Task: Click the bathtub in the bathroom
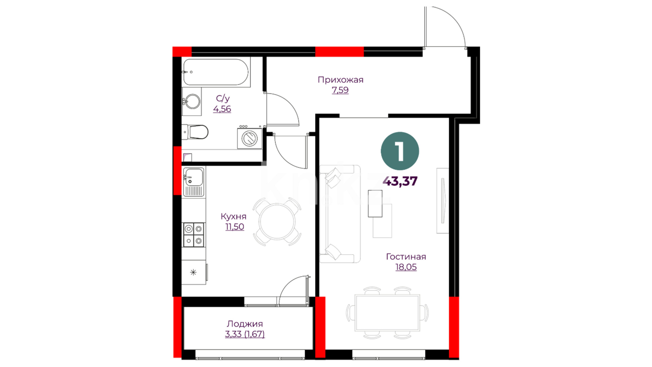click(216, 72)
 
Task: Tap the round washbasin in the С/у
click(193, 101)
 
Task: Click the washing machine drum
click(250, 138)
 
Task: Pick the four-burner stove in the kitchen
click(194, 235)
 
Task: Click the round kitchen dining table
click(277, 222)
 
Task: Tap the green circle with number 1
click(400, 151)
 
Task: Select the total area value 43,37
click(400, 181)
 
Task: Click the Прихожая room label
click(341, 80)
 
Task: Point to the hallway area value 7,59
click(340, 90)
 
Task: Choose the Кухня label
click(234, 216)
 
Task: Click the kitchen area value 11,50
click(235, 227)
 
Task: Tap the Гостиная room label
click(406, 257)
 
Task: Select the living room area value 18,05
click(406, 267)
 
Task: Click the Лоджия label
click(245, 324)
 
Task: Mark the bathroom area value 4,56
click(222, 109)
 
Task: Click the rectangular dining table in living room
click(387, 313)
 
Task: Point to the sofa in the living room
click(340, 214)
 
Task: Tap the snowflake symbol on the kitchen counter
click(193, 272)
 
